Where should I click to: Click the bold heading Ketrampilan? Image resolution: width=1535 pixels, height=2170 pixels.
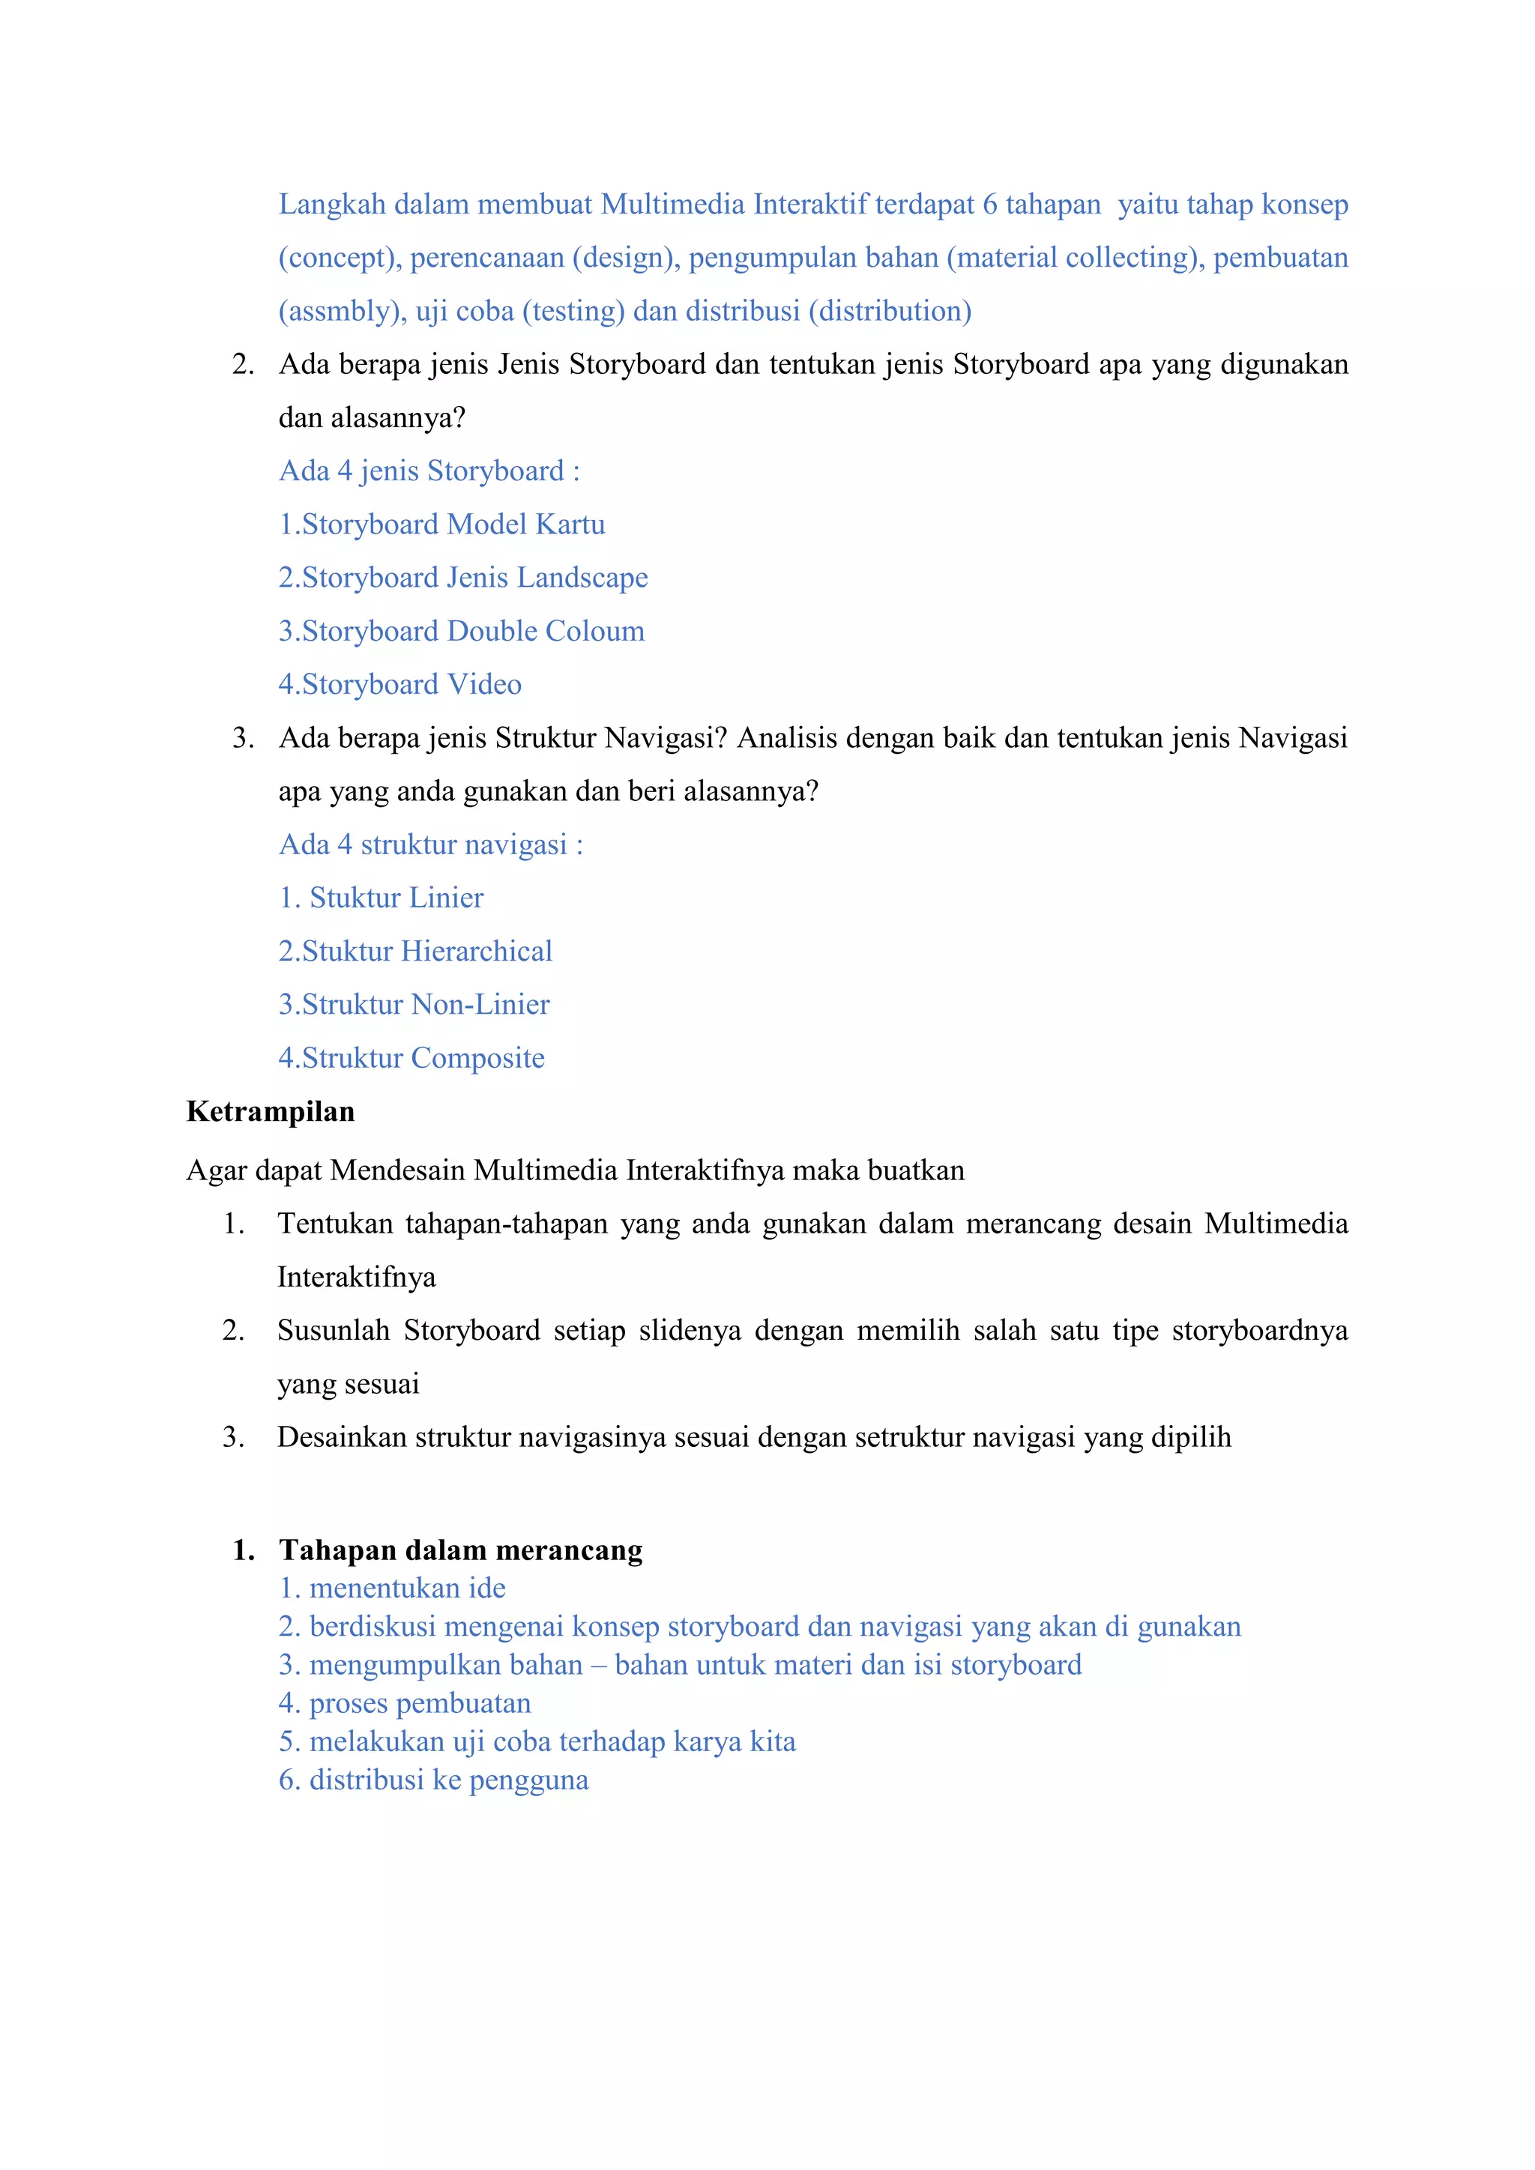(x=271, y=1111)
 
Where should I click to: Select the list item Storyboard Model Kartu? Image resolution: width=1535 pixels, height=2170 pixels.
(x=442, y=525)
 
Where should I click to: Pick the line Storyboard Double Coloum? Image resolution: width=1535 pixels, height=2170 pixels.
(x=461, y=632)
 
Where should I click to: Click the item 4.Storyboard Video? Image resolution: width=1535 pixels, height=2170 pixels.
(x=399, y=684)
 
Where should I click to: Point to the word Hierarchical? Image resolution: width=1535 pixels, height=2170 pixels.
(x=477, y=952)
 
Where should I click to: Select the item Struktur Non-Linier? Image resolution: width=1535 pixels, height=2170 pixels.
(x=414, y=1005)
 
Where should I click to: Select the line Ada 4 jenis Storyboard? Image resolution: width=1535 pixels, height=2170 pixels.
(x=429, y=471)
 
